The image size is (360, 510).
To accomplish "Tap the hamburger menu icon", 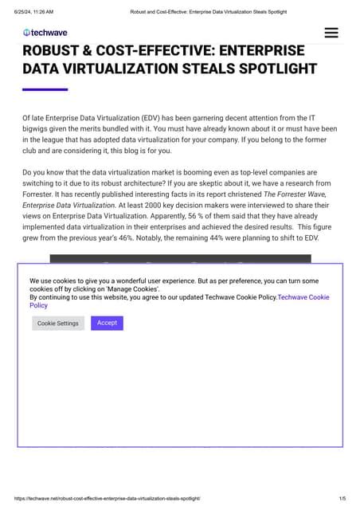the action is coord(331,33).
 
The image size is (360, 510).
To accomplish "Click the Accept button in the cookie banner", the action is coord(107,323).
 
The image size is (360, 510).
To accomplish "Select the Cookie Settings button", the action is coord(58,324).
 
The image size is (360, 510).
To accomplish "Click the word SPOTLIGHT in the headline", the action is coord(271,69).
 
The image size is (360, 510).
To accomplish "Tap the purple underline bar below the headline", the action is coord(45,89).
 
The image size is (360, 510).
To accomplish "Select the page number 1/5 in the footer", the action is coord(342,498).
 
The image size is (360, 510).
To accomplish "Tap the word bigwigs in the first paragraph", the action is coord(37,129).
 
